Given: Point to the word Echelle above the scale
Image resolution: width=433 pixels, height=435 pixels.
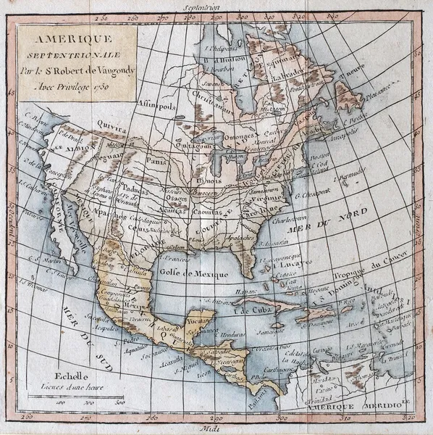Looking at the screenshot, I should coord(74,376).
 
